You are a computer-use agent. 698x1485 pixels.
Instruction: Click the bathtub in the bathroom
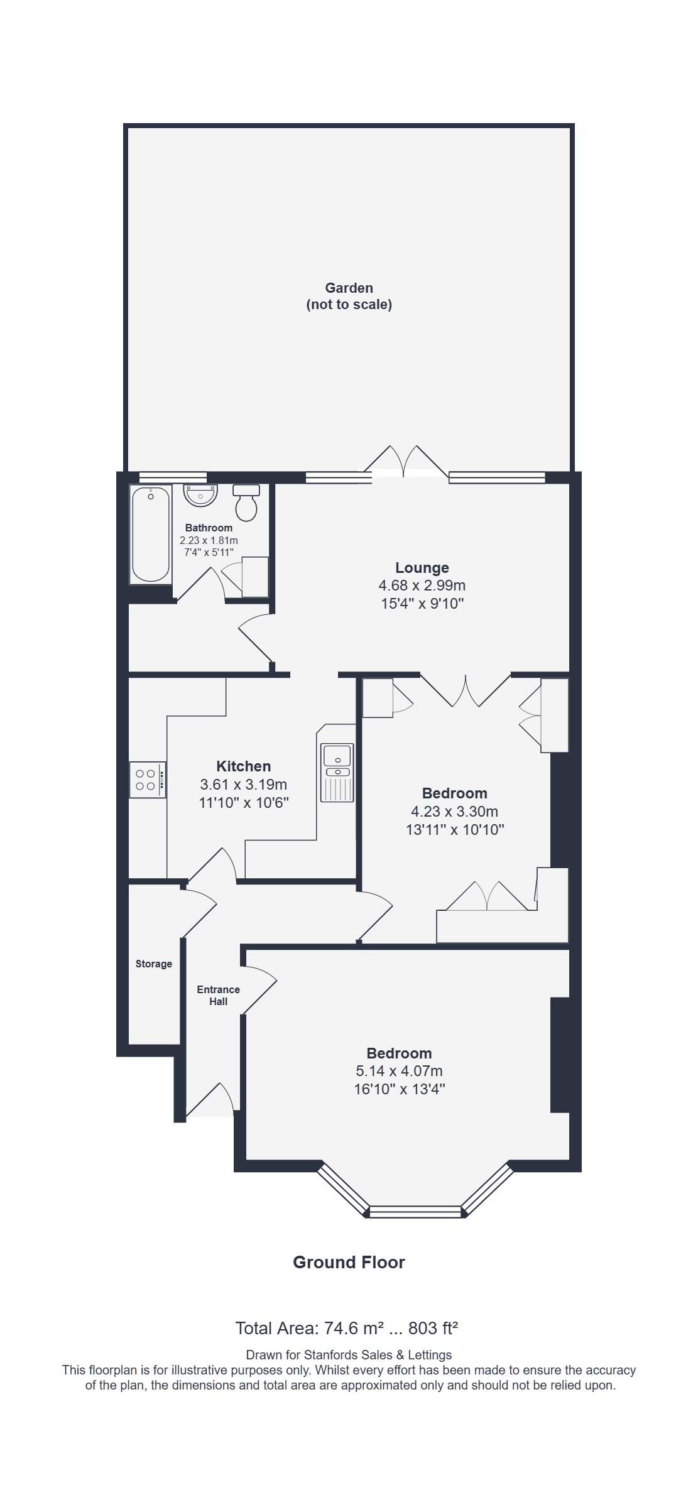[x=151, y=535]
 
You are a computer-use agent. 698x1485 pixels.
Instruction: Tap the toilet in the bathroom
[x=246, y=502]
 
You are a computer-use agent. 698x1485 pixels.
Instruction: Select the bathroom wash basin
[x=200, y=495]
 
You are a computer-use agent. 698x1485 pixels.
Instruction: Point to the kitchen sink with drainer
[x=337, y=772]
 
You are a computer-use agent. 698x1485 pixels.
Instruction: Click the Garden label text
[x=349, y=288]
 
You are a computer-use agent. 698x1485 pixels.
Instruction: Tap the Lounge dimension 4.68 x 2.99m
[x=422, y=586]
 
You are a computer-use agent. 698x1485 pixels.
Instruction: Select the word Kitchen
[x=244, y=766]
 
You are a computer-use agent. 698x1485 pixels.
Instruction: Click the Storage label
[x=154, y=964]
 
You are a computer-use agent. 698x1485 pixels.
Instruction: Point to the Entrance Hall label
[x=219, y=995]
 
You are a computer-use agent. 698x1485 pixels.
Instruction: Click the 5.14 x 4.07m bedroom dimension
[x=400, y=1071]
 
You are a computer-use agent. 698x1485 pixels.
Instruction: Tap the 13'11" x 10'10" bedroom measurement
[x=455, y=829]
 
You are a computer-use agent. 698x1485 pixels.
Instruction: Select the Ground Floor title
[x=349, y=1262]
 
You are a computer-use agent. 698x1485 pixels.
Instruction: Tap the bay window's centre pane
[x=415, y=1212]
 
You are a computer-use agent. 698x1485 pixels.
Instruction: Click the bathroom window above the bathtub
[x=173, y=477]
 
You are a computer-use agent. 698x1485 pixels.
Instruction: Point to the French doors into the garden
[x=406, y=462]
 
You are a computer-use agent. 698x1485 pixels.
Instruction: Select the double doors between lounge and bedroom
[x=466, y=690]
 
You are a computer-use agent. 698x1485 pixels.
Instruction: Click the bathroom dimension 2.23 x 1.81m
[x=209, y=540]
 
